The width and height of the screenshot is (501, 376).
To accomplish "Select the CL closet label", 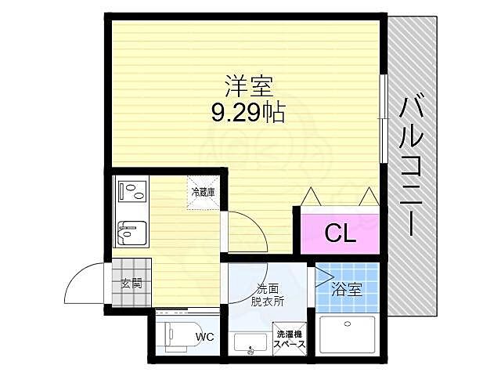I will (x=340, y=233).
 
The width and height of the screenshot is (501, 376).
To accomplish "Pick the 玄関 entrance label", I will (x=130, y=284).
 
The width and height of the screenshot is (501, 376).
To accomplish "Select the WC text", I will (x=204, y=338).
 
